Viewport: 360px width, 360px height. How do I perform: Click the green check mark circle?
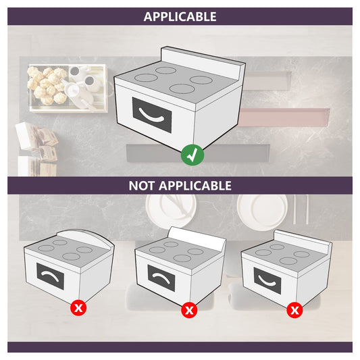pos(192,155)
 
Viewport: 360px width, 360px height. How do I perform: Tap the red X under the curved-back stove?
pos(78,307)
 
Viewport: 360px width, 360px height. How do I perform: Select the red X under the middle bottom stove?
pos(189,310)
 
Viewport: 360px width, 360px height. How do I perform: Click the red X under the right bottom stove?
pos(294,310)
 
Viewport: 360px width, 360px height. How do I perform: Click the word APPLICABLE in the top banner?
pos(180,16)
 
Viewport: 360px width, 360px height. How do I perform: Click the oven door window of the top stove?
pos(152,115)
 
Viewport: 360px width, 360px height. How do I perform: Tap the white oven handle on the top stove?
pos(151,115)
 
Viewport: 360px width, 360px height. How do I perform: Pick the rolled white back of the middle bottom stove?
pos(197,237)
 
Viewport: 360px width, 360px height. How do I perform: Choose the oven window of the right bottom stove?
pos(267,280)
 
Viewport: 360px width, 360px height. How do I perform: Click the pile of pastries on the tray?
pos(47,84)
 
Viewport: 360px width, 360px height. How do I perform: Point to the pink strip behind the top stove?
pos(284,118)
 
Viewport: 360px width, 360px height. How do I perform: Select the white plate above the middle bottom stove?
pos(170,210)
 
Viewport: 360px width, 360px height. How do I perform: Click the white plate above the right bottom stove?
pos(262,211)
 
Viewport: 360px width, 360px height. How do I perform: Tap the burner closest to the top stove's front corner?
pos(182,89)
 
